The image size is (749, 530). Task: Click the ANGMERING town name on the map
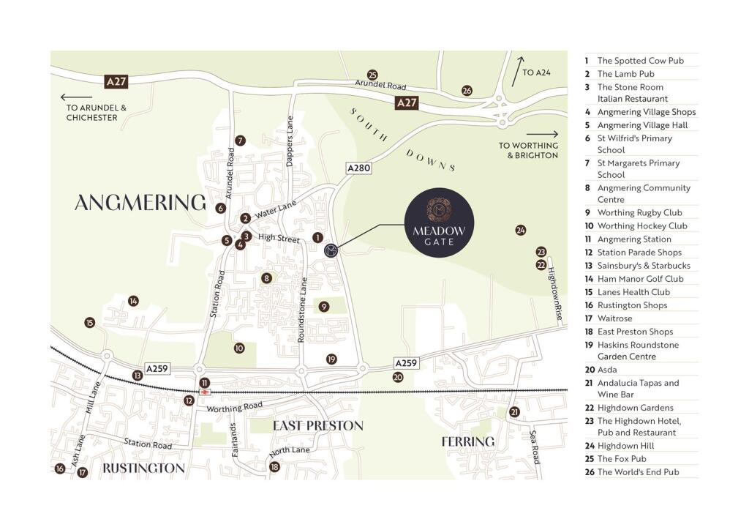click(140, 202)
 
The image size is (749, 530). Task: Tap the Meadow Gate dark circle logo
click(439, 223)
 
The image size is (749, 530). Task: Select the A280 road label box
click(358, 168)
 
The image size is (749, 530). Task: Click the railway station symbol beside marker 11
click(204, 392)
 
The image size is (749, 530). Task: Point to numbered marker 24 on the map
click(520, 230)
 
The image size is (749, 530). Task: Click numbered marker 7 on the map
click(240, 141)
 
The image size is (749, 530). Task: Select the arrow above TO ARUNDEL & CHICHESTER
click(76, 97)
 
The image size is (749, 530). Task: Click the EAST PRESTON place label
click(317, 425)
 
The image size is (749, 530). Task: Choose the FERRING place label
click(468, 441)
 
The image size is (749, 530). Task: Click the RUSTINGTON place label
click(143, 468)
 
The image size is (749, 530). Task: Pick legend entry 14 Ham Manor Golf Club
click(640, 279)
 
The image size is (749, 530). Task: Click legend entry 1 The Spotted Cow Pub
click(640, 61)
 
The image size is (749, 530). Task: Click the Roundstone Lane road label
click(301, 309)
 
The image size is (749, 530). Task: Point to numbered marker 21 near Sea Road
click(514, 412)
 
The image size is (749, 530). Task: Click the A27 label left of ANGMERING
click(116, 81)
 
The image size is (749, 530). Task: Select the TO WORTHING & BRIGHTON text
click(528, 150)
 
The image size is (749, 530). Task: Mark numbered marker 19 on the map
click(331, 359)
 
